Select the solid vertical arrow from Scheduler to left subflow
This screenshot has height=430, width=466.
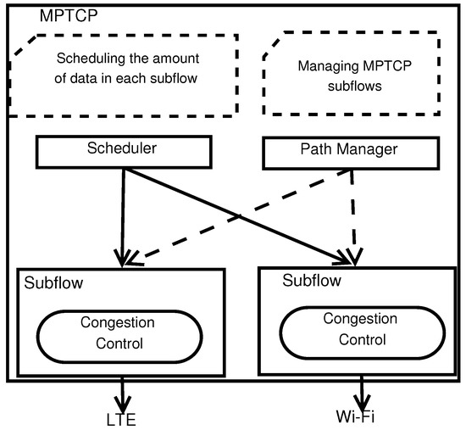[125, 212]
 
